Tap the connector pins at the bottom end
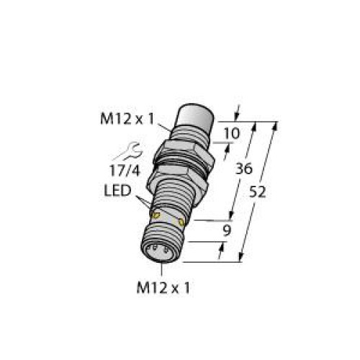click(x=161, y=252)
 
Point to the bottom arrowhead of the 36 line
click(x=232, y=214)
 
